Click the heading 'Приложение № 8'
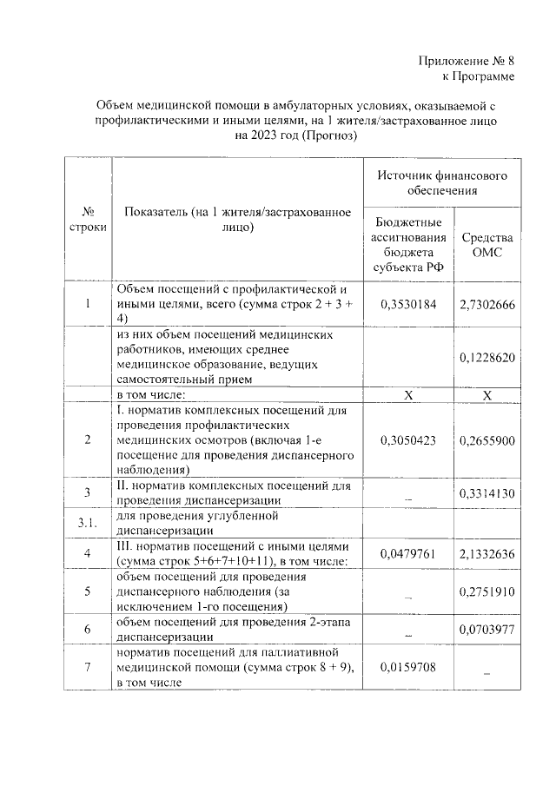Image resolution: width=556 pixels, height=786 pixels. pos(466,60)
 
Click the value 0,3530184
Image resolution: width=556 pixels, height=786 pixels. pos(409,305)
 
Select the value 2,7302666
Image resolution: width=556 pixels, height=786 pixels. pos(486,305)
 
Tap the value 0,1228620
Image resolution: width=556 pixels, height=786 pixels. pos(486,356)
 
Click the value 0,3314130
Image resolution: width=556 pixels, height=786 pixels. pos(486,492)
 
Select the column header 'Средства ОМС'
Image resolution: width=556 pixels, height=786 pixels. pos(486,245)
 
